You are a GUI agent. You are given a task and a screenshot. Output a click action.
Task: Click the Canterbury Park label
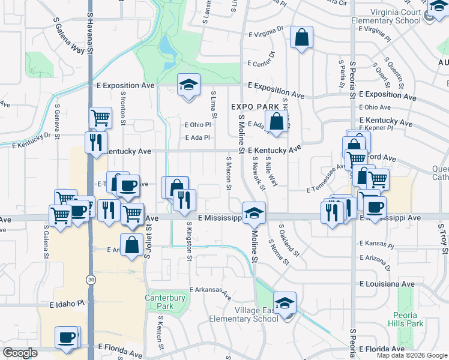[159, 302]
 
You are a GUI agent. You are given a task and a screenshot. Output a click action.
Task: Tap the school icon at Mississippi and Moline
[254, 212]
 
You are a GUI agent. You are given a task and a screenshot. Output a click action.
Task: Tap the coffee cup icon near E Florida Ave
[67, 337]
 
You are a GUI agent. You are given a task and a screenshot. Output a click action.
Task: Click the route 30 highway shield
[90, 280]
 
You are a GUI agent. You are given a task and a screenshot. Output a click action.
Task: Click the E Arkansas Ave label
[211, 293]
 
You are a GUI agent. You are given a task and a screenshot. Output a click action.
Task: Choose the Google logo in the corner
[20, 353]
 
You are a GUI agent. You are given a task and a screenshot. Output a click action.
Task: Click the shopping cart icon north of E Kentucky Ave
[100, 118]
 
